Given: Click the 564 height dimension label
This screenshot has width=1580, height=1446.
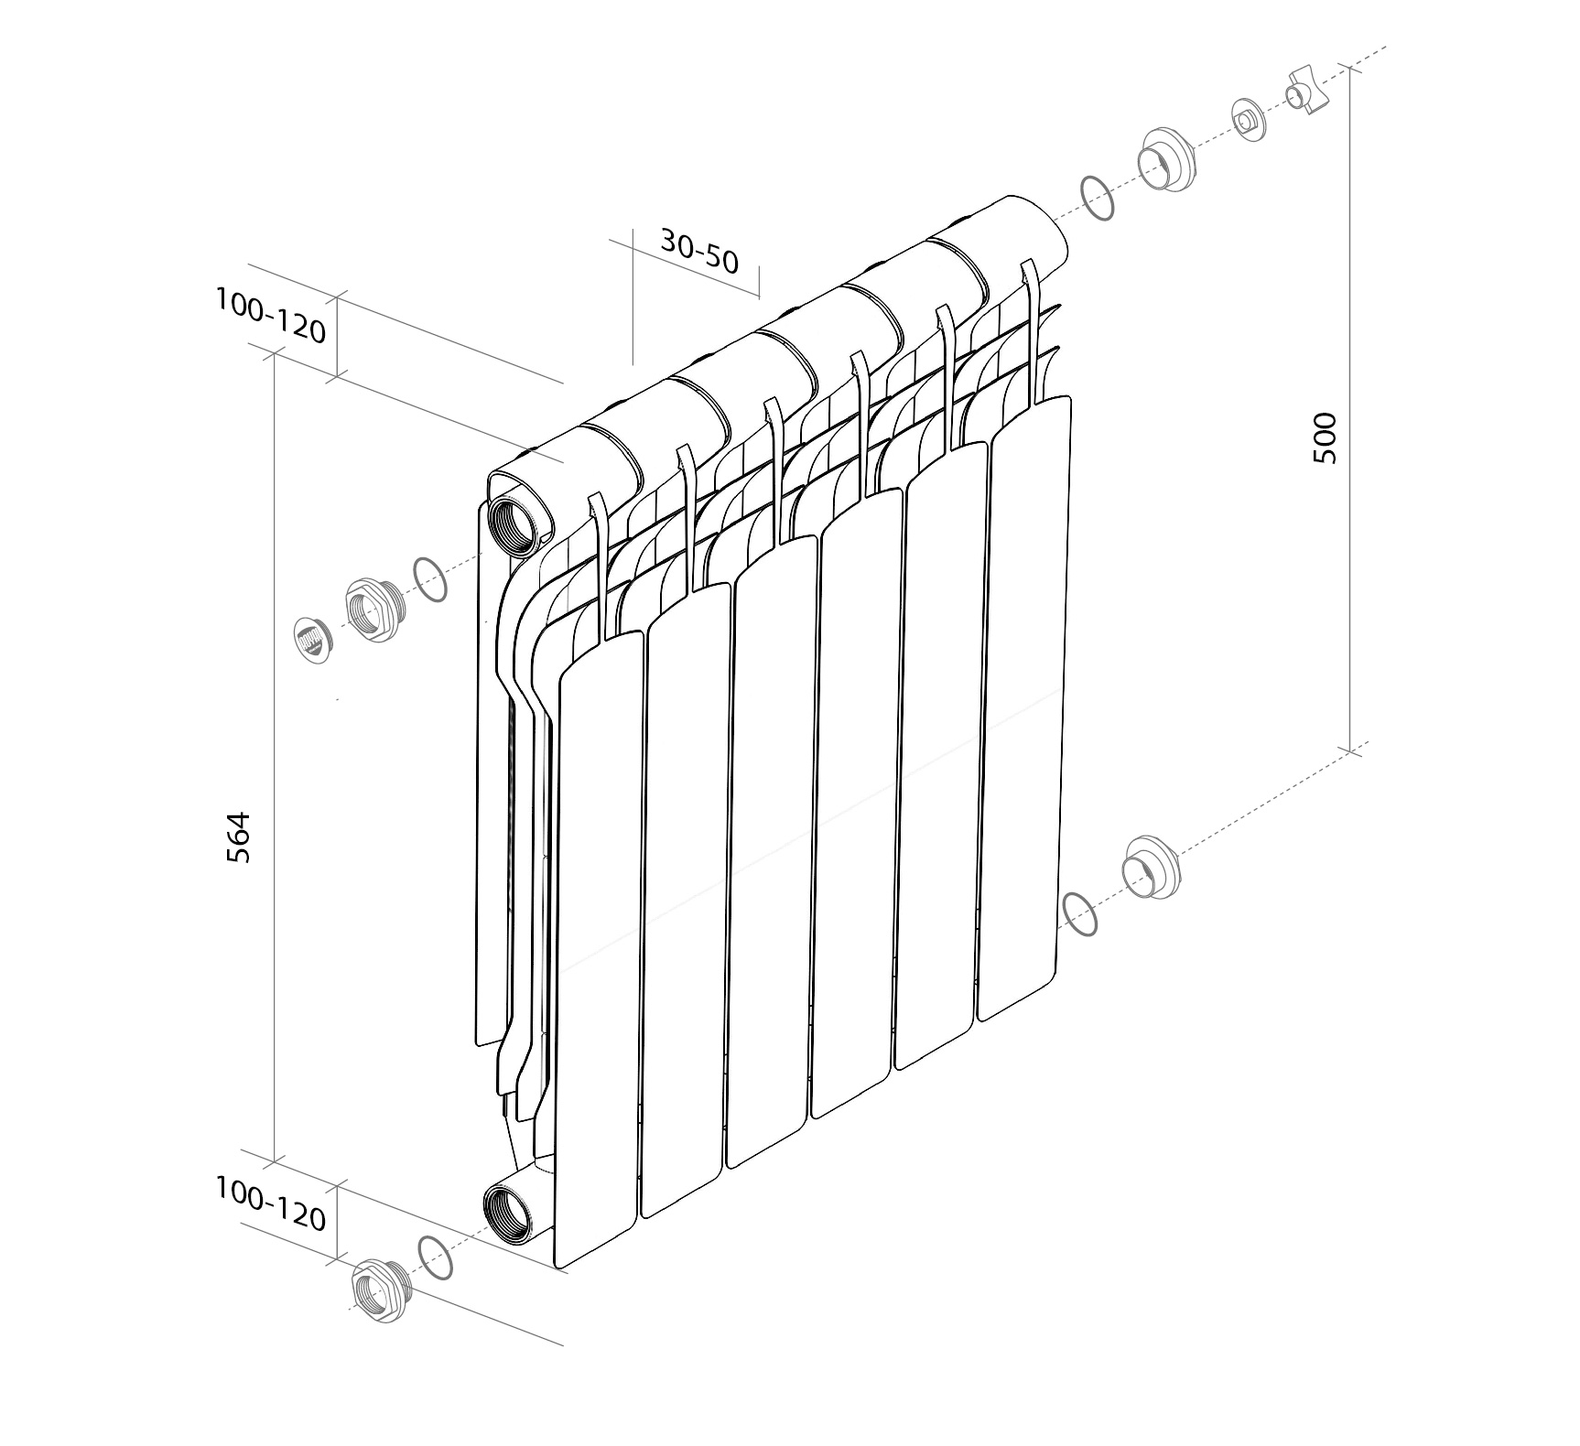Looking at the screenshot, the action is [238, 836].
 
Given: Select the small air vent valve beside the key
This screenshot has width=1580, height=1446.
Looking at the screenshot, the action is [1249, 120].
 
